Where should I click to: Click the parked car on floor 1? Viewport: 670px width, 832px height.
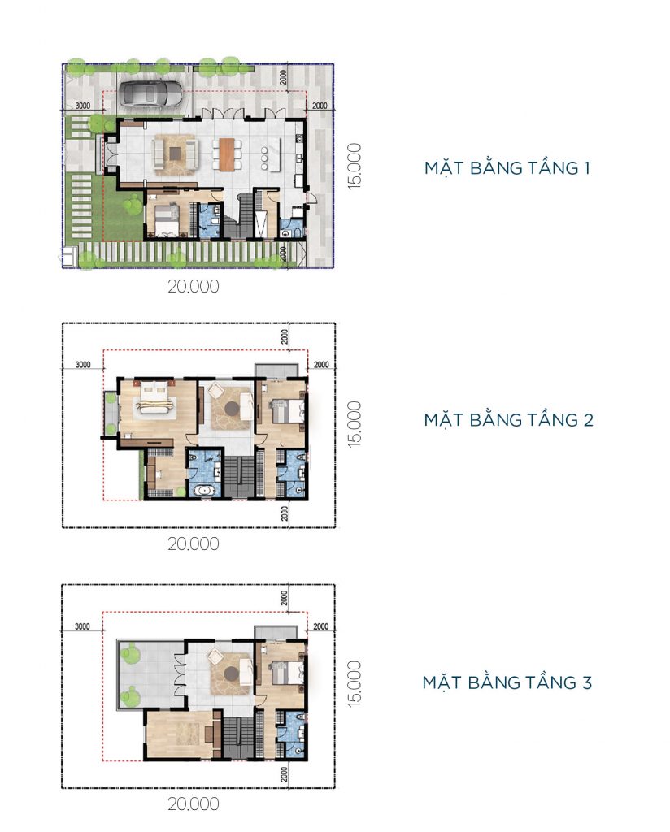click(x=152, y=94)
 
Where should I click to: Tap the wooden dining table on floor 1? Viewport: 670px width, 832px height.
click(x=227, y=154)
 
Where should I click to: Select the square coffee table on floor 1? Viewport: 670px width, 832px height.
click(x=176, y=154)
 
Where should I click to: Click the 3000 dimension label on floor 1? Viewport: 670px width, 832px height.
click(x=82, y=106)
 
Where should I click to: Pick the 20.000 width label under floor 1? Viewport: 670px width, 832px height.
click(x=194, y=287)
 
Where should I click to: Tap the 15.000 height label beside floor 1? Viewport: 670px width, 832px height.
click(x=355, y=165)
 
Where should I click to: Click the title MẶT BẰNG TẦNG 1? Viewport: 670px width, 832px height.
click(x=507, y=168)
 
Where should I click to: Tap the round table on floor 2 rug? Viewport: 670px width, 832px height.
click(x=232, y=408)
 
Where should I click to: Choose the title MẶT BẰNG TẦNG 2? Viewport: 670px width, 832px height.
click(x=509, y=420)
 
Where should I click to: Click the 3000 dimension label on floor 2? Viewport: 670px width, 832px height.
click(x=83, y=365)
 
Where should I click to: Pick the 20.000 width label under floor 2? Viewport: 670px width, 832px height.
click(x=194, y=544)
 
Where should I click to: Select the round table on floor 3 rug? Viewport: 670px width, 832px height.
click(x=232, y=673)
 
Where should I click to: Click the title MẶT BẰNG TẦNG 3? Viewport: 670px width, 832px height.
click(x=507, y=682)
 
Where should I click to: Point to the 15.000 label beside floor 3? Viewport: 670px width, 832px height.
click(x=355, y=682)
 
